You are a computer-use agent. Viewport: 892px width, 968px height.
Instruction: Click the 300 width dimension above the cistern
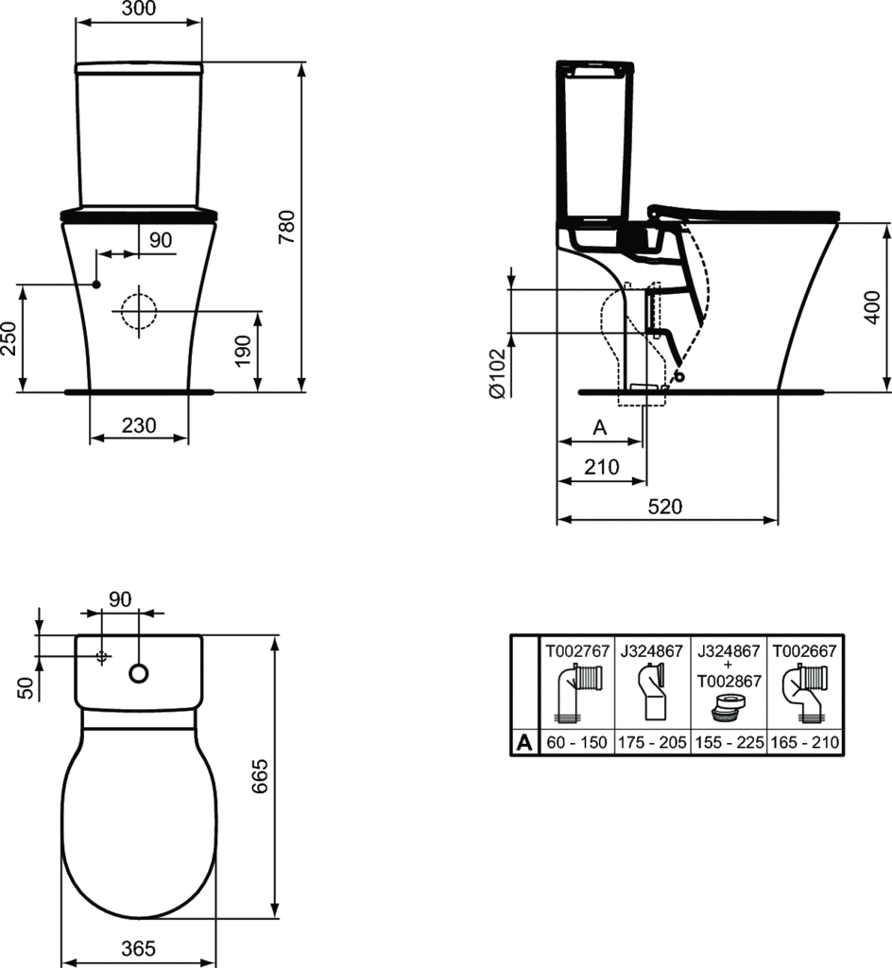(139, 9)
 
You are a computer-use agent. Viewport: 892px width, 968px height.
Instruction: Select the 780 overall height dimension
(289, 228)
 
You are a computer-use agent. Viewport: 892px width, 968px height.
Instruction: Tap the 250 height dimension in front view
(9, 337)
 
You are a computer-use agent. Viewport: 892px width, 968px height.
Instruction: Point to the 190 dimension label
(243, 351)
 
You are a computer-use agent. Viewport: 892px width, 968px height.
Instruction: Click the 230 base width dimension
(138, 426)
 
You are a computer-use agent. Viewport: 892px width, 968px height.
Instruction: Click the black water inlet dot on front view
(96, 284)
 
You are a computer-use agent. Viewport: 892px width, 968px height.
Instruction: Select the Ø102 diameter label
(498, 376)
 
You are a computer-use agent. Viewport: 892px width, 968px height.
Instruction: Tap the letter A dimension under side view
(598, 427)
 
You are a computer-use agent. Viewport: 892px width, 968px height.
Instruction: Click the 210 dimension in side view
(601, 466)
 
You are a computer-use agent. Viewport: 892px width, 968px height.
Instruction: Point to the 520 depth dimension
(665, 506)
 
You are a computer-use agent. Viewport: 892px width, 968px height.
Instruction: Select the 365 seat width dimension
(139, 947)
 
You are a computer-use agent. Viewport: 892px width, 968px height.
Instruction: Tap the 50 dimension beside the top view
(26, 688)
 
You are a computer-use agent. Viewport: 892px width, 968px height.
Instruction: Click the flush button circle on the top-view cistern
(139, 673)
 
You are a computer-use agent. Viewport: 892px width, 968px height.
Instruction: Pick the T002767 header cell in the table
(575, 651)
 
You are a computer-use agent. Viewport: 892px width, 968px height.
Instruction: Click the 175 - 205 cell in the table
(652, 743)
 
